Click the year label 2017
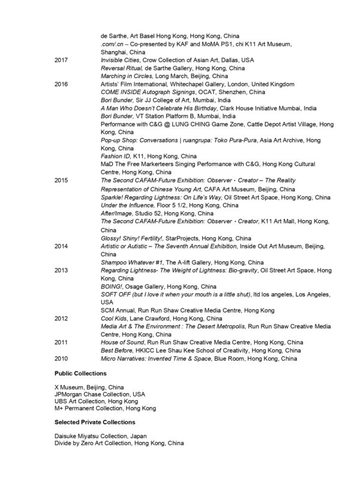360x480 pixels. click(x=61, y=61)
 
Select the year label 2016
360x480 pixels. click(x=61, y=85)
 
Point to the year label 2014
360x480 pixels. click(x=61, y=246)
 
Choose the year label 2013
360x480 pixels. click(x=61, y=271)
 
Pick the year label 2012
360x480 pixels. click(x=61, y=318)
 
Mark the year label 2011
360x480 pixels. click(x=61, y=342)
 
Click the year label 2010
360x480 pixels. click(x=61, y=358)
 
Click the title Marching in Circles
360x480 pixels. click(x=127, y=77)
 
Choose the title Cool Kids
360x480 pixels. click(x=115, y=318)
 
